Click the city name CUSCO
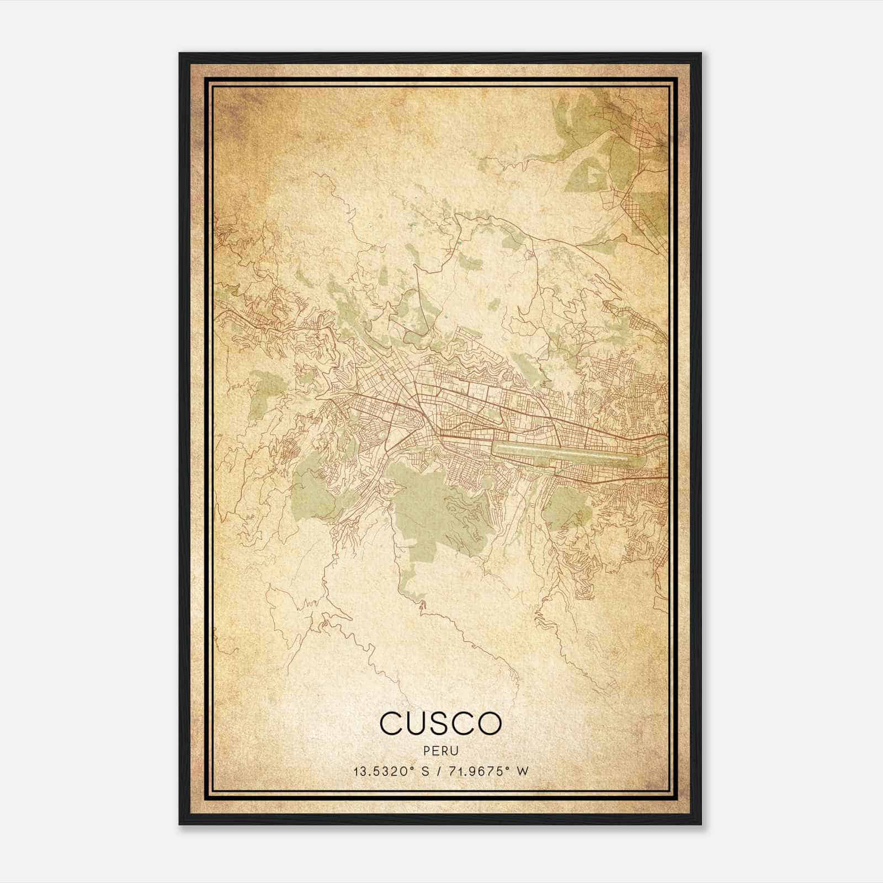[x=440, y=722]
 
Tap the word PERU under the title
[x=441, y=751]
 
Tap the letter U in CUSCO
[x=416, y=722]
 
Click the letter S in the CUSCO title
[x=440, y=722]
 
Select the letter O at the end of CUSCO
[x=490, y=722]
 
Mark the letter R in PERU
[x=445, y=751]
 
